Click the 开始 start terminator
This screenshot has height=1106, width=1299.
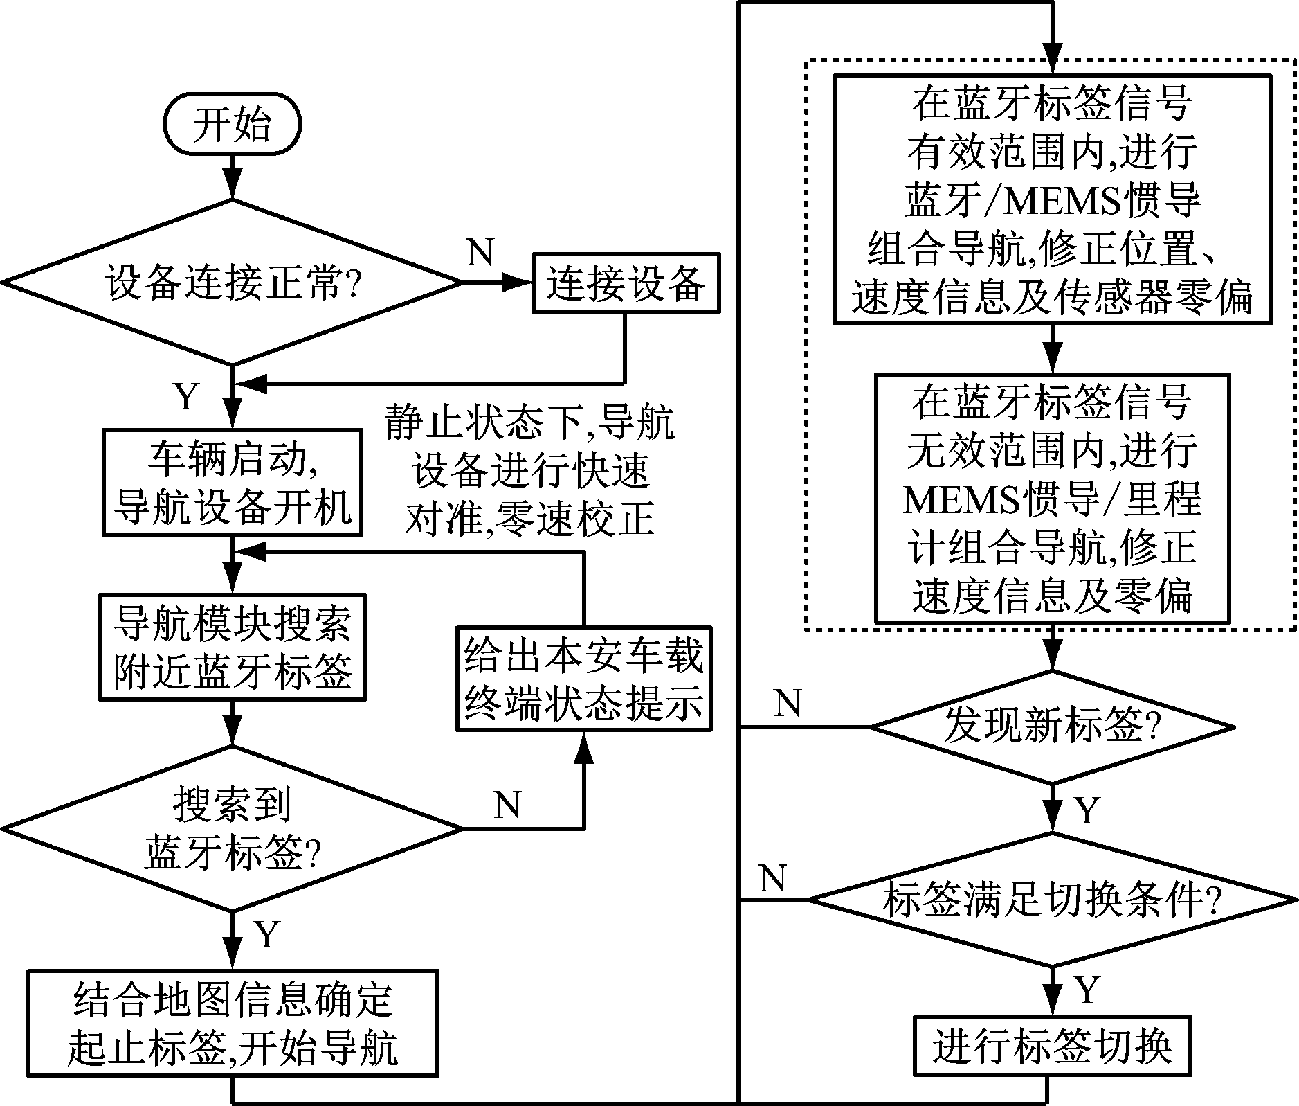pos(232,125)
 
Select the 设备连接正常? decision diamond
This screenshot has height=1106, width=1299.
pos(232,283)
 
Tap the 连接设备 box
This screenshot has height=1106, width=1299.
pos(626,283)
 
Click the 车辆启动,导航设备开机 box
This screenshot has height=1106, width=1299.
pos(232,482)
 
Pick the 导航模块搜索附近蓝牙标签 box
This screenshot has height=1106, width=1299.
pos(232,647)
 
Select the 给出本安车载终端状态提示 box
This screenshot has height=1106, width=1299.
pos(583,679)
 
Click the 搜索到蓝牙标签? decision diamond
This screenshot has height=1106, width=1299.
pos(232,828)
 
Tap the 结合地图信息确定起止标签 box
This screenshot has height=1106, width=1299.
pos(232,1022)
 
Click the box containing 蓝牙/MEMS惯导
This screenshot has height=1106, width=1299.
pos(1052,199)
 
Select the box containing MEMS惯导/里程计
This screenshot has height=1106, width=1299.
pos(1052,499)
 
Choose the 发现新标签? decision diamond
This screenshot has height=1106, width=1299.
pos(1052,727)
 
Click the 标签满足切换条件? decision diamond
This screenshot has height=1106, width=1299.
pos(1052,900)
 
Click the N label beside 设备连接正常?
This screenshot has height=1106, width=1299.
pos(480,253)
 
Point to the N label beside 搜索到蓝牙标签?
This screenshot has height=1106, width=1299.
pos(507,805)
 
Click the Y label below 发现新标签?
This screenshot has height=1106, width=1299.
pos(1087,810)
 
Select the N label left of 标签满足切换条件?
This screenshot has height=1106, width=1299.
pos(772,879)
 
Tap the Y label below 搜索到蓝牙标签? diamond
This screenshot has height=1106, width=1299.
pos(266,934)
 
